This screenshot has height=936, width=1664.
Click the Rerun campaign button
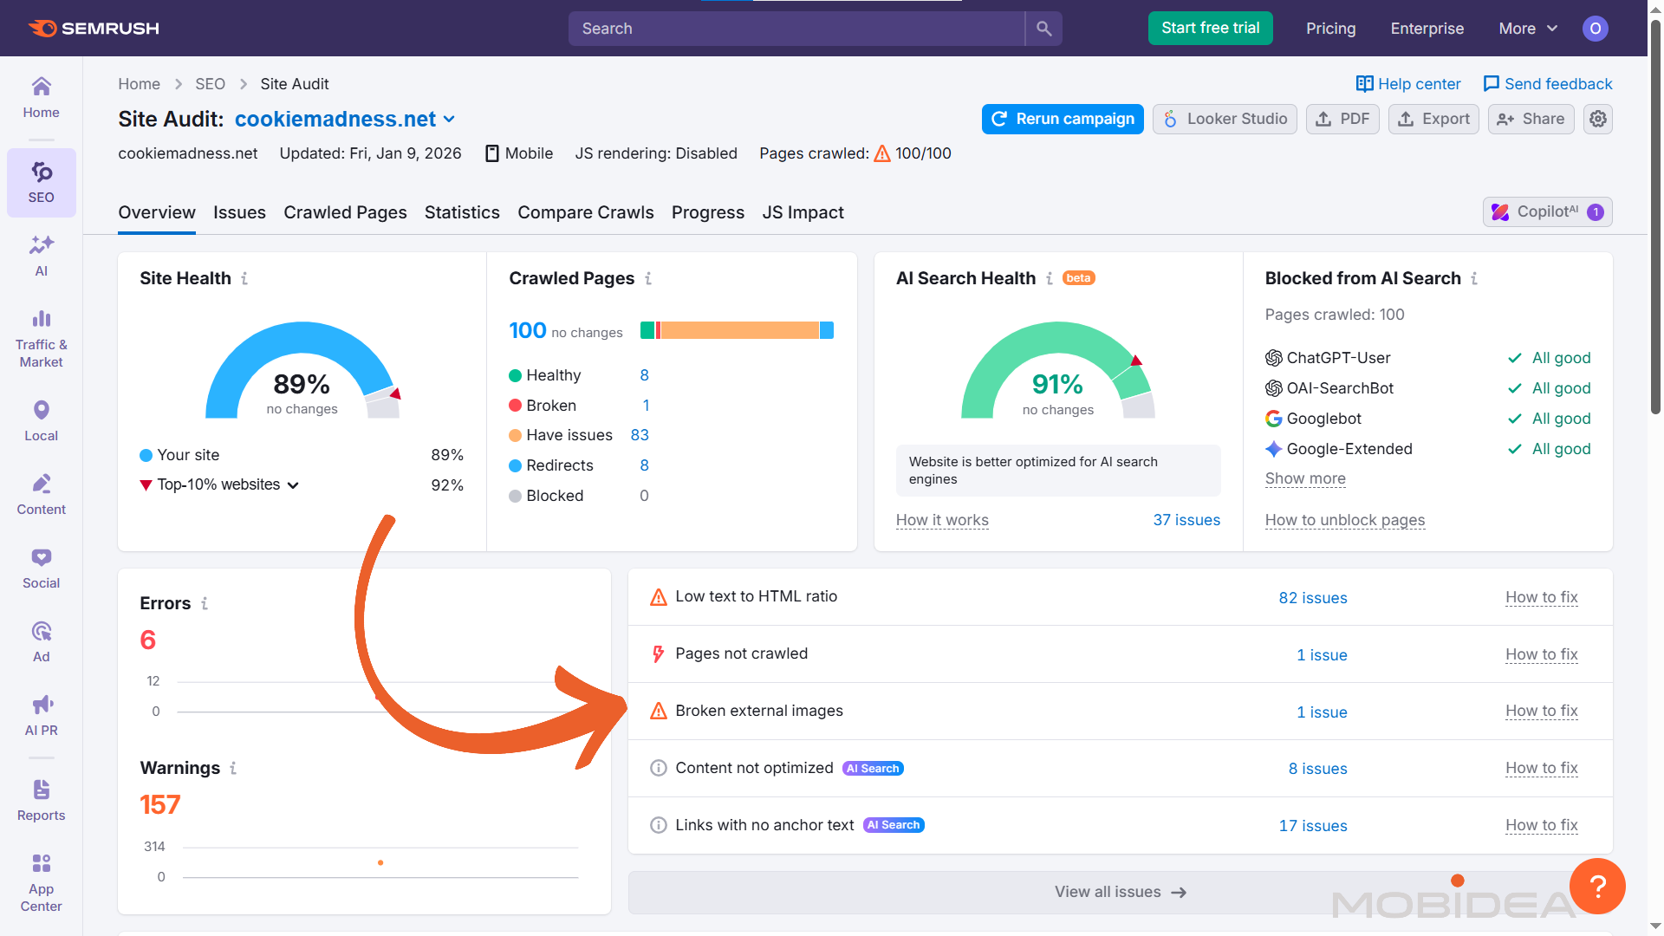1063,119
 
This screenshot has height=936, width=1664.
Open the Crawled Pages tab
345,212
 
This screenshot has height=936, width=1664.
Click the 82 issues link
1312,598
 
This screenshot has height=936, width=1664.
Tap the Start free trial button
1210,28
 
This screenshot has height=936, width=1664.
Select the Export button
1433,119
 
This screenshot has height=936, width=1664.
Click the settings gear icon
1598,119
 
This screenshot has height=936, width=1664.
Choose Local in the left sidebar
41,420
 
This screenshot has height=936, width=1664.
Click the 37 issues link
1186,520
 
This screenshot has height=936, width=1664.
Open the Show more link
1305,478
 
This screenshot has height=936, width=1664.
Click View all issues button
1120,892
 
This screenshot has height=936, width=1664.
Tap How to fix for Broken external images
1541,711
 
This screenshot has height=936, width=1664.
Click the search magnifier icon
1043,29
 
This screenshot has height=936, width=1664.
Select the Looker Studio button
1225,119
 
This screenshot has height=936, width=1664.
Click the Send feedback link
1548,84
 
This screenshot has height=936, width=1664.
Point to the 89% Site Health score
302,384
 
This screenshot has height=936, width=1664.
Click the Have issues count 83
640,435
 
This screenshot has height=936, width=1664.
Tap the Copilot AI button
1547,211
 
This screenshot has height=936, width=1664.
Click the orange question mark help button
1597,886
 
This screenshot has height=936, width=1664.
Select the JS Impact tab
803,212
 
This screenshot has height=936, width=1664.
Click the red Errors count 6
148,640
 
